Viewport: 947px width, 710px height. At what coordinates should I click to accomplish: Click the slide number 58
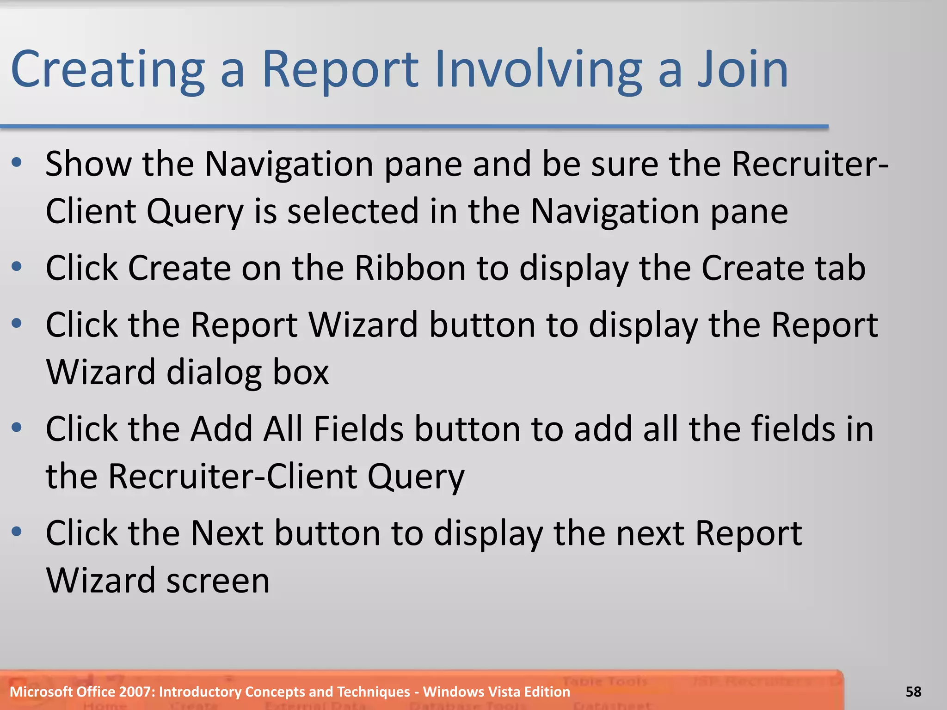point(913,692)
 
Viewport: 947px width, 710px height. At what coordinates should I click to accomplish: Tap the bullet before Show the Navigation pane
point(17,162)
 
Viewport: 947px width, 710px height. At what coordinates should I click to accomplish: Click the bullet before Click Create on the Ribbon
point(17,267)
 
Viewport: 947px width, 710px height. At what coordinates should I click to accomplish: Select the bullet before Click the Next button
point(17,532)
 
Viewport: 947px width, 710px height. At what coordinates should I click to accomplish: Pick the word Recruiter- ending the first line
point(810,164)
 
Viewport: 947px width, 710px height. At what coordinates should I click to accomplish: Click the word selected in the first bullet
point(352,212)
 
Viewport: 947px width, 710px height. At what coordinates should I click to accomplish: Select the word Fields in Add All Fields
point(359,429)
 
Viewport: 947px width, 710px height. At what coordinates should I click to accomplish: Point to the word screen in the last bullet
point(218,581)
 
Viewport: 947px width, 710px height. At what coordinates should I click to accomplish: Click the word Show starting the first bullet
point(88,164)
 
